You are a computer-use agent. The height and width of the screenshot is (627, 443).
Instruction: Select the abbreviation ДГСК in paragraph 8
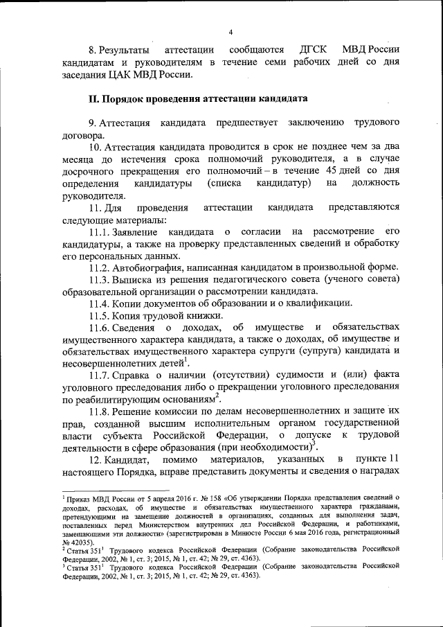(313, 51)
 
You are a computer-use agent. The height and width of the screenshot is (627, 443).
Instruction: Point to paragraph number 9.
(92, 123)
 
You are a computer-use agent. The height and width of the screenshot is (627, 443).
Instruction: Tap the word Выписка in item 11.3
(136, 279)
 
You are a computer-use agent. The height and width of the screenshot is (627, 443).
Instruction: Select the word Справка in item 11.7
(134, 375)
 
